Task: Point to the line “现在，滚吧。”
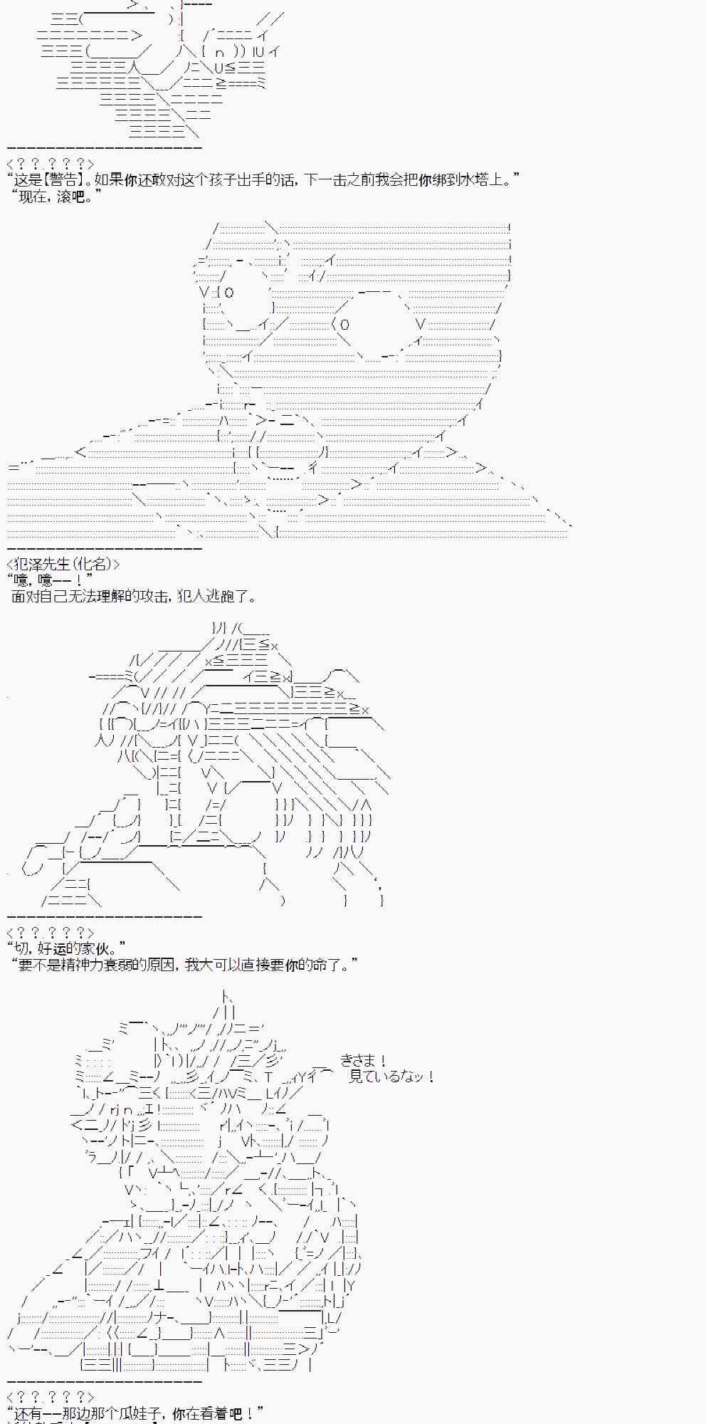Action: tap(57, 197)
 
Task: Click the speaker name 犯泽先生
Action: tap(39, 565)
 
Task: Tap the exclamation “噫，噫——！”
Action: tap(50, 581)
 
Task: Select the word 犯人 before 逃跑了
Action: tap(191, 597)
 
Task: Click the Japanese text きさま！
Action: tap(363, 1061)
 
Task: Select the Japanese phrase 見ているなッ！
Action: tap(391, 1077)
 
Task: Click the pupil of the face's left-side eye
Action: tap(228, 292)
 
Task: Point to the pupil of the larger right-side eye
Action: tap(344, 325)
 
